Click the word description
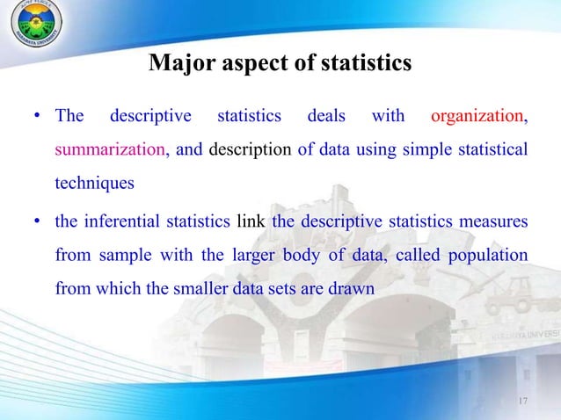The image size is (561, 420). pyautogui.click(x=251, y=149)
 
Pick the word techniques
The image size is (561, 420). pyautogui.click(x=95, y=184)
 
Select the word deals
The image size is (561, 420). pyautogui.click(x=326, y=116)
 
